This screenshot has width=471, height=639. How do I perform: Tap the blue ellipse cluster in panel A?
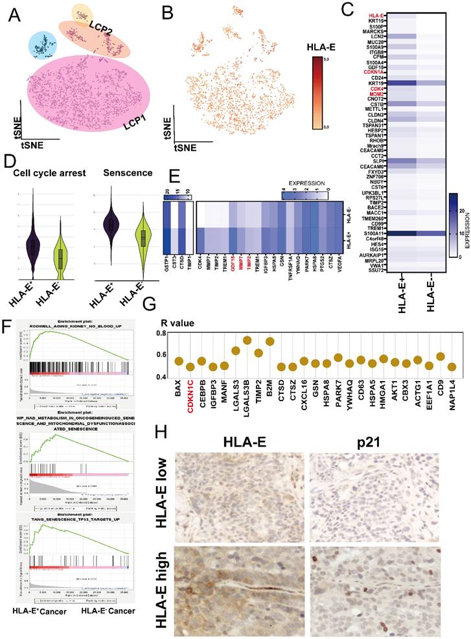coord(44,46)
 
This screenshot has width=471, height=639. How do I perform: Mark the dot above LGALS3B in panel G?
coord(247,340)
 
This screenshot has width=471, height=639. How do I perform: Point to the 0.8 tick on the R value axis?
coord(163,332)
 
